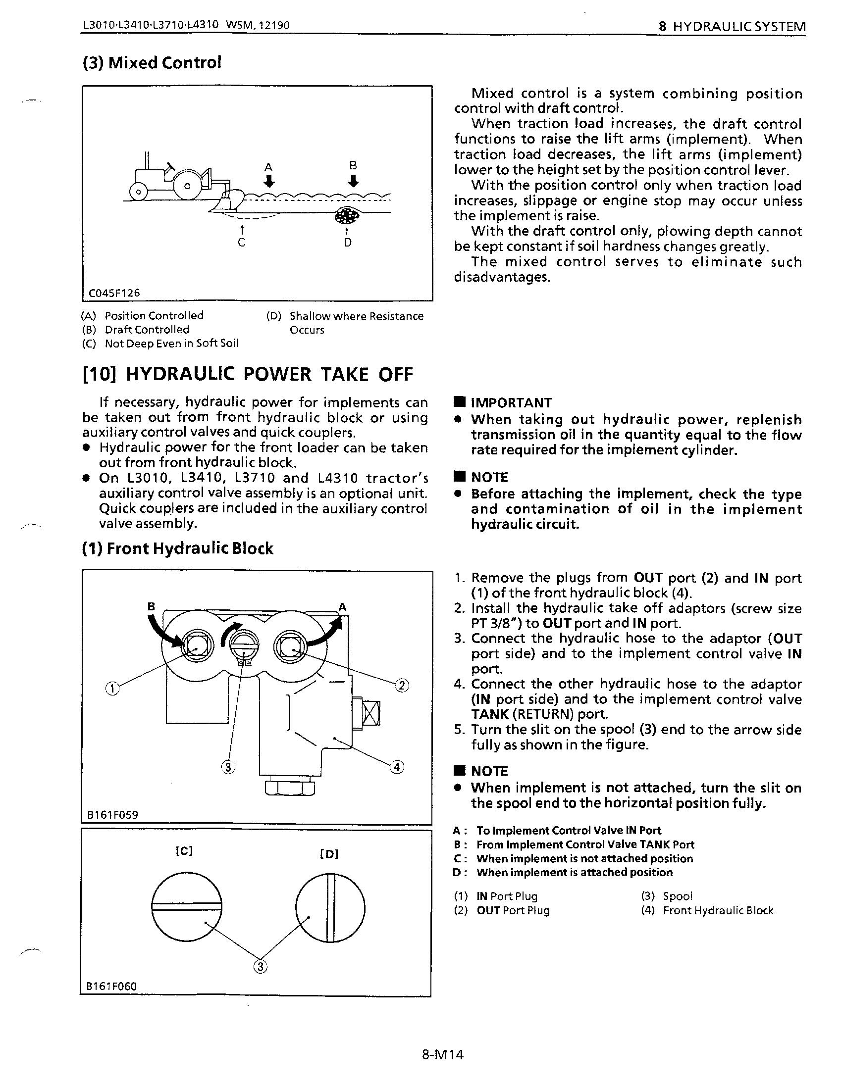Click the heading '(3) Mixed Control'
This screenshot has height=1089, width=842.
point(151,63)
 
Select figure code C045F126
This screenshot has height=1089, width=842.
point(114,293)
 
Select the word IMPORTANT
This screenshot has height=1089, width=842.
point(511,402)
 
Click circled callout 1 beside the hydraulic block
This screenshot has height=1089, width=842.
point(113,689)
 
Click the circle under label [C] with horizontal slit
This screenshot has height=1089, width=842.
point(187,906)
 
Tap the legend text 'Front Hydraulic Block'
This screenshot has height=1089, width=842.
point(718,910)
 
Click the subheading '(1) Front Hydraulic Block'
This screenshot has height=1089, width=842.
point(178,548)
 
